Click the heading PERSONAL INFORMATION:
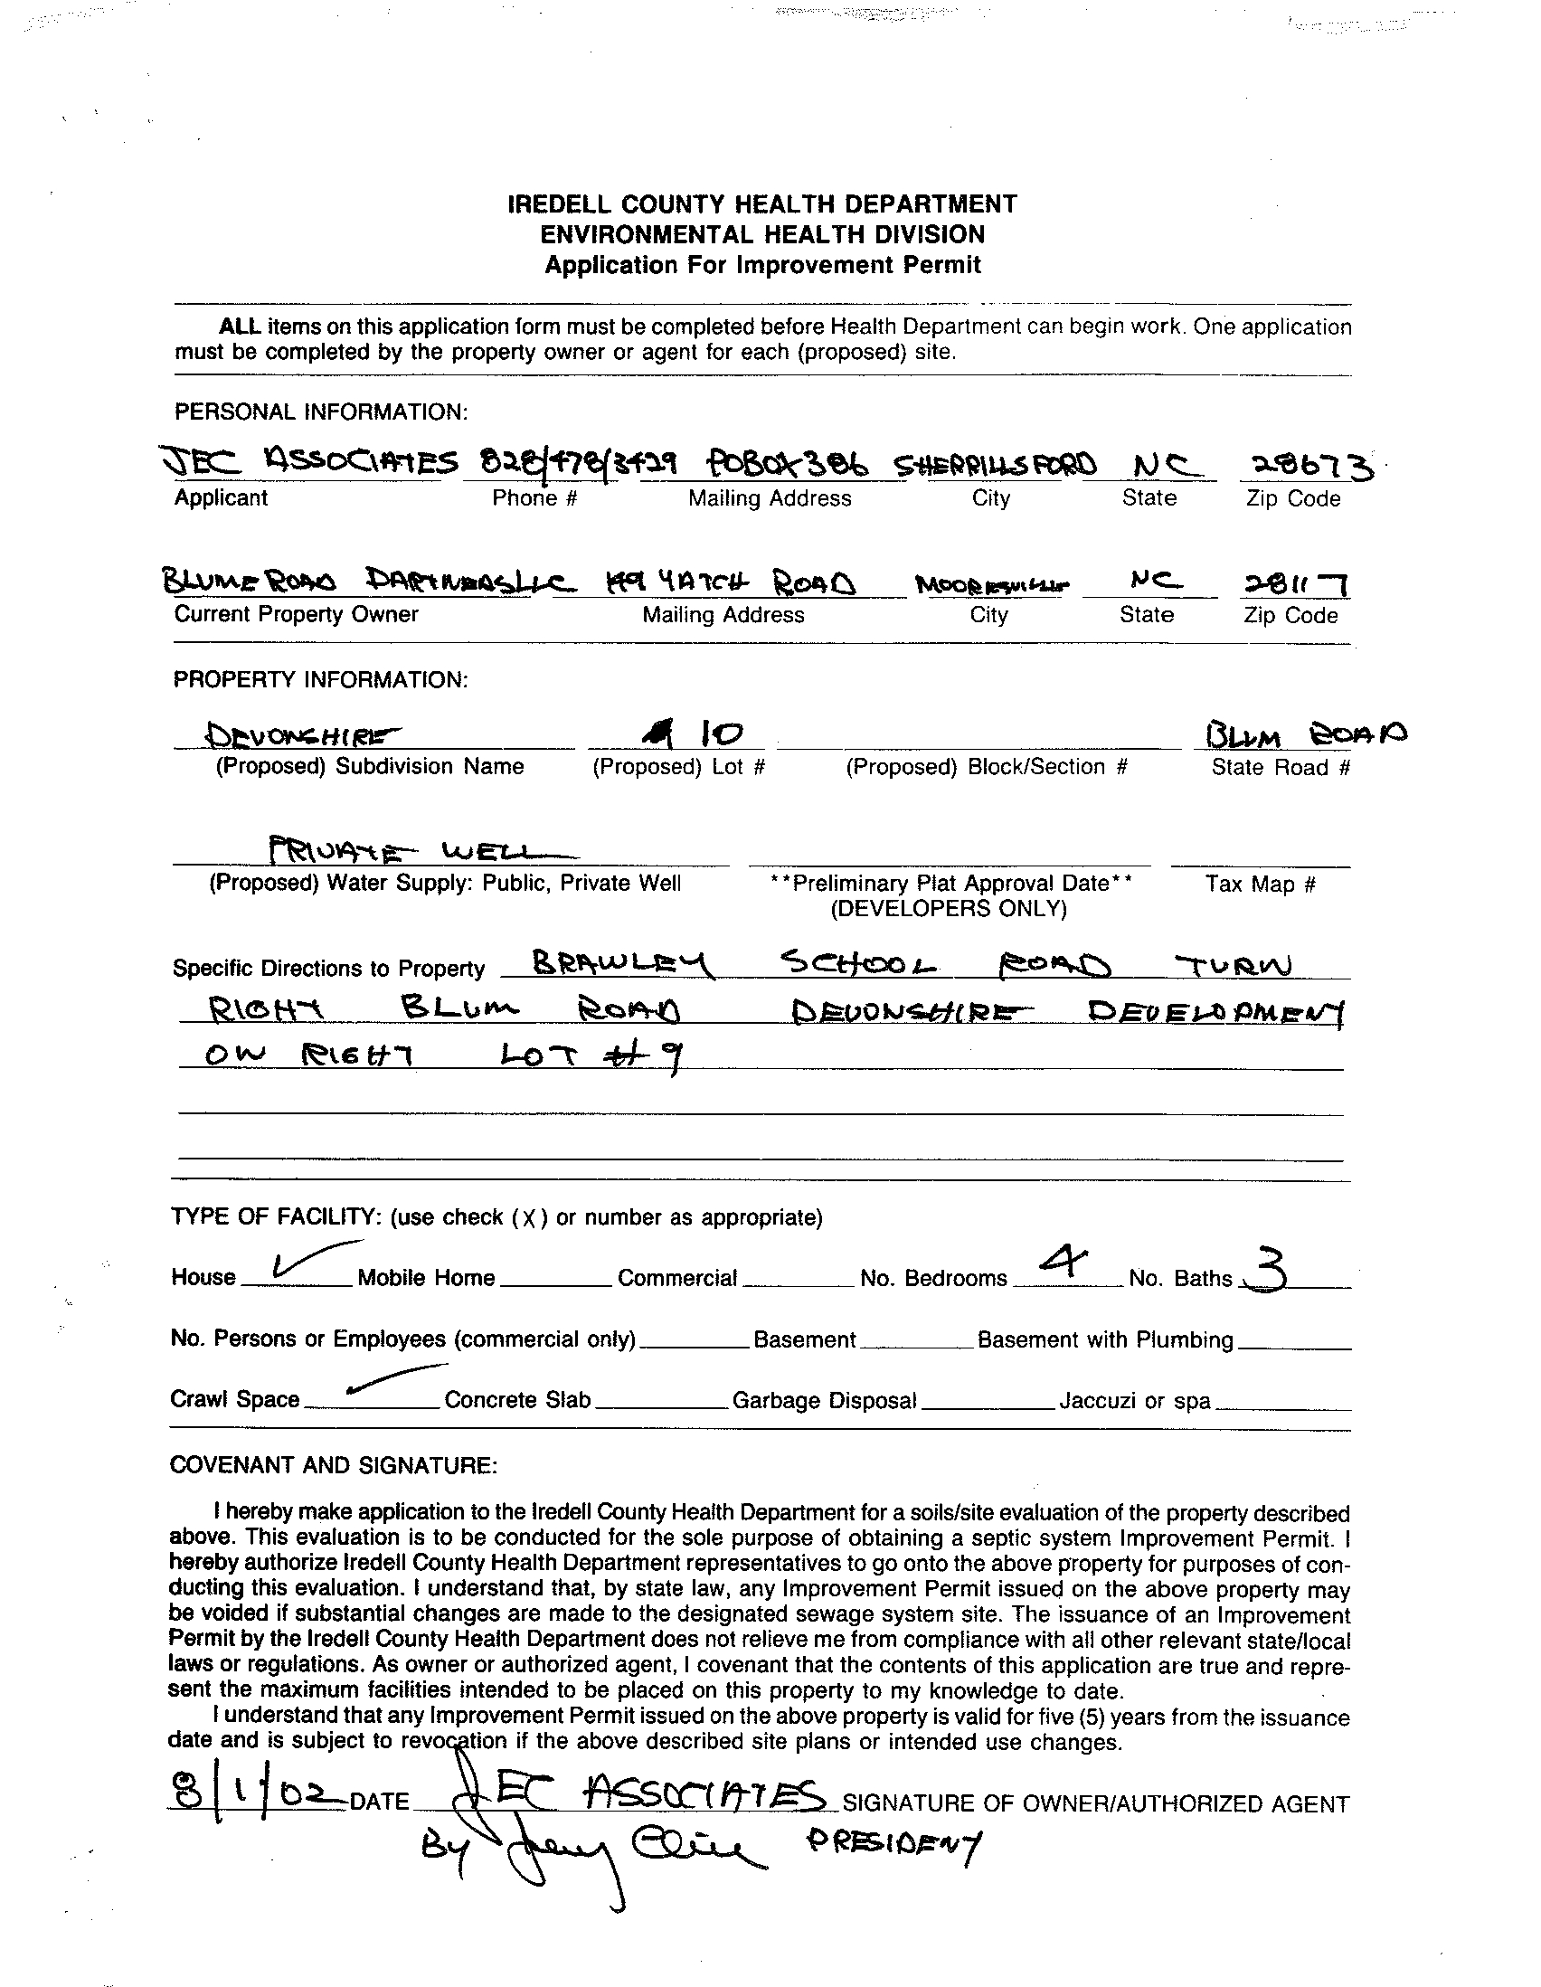321,412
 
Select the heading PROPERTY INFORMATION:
321,679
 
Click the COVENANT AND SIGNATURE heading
333,1465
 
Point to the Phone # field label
534,498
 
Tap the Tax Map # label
1260,884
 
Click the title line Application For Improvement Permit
762,266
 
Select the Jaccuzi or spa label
1134,1401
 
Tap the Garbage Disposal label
824,1401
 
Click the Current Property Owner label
296,614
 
